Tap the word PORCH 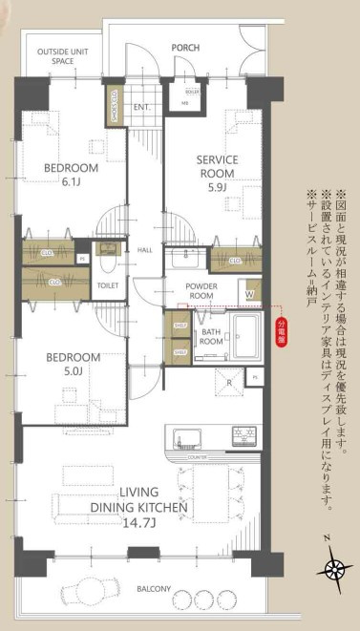pos(184,46)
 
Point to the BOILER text pos(191,92)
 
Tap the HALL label pos(145,250)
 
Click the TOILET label pos(108,284)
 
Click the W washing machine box pos(249,294)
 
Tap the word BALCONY pos(153,588)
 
